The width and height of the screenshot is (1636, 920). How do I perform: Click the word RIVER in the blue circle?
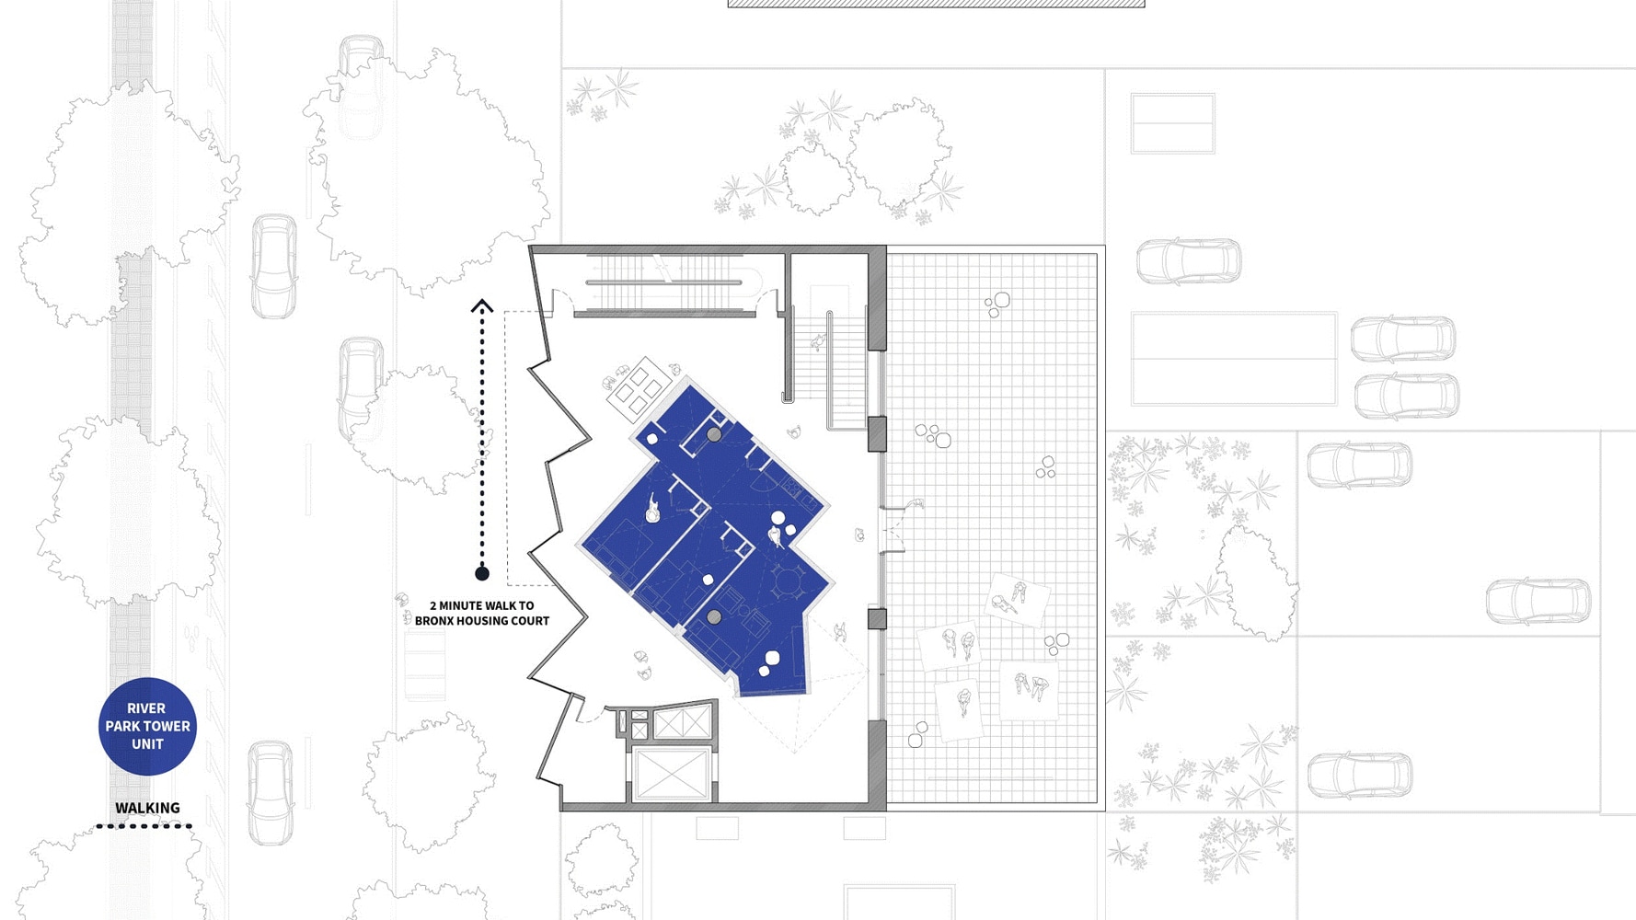(146, 708)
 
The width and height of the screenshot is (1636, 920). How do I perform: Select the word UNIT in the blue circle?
(147, 743)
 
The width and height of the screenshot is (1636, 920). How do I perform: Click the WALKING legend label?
(147, 808)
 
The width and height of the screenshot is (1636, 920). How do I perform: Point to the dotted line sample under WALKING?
(144, 826)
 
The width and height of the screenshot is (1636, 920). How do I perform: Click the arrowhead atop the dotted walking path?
(482, 305)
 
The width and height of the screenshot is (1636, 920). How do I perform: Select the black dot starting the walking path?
(482, 573)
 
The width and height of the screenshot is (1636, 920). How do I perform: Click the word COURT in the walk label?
(531, 621)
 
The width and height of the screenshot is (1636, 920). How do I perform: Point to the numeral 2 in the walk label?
(433, 605)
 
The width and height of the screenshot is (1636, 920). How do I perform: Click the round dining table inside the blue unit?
(789, 581)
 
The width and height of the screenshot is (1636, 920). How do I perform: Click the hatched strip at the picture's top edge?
(937, 4)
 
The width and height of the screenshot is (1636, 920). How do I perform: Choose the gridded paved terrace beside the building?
(992, 528)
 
